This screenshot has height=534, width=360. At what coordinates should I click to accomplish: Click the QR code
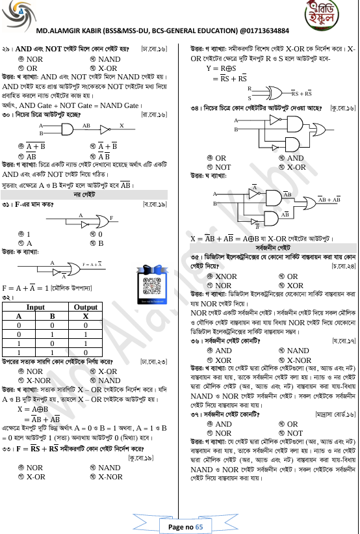pos(151,284)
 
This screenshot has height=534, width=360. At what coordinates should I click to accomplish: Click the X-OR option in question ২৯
pos(107,68)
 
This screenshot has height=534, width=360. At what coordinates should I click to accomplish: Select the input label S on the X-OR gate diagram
pos(249,97)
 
